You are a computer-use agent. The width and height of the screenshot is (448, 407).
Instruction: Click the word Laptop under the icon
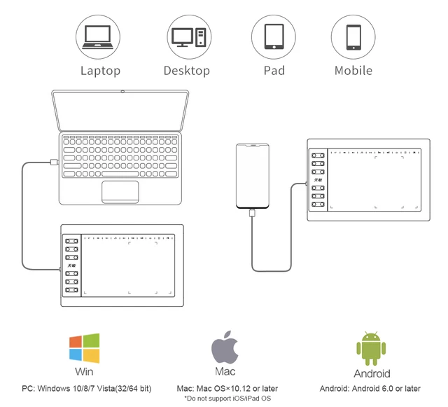(x=100, y=71)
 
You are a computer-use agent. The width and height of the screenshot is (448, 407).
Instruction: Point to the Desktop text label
(x=186, y=71)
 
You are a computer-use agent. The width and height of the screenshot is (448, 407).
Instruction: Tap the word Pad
(x=274, y=71)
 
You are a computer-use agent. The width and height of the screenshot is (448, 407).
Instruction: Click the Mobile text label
(x=353, y=71)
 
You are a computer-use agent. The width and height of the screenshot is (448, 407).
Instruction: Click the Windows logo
(x=84, y=348)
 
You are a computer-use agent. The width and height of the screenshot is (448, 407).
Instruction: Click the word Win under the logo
(x=84, y=372)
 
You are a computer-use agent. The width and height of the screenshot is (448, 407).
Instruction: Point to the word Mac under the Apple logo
(x=224, y=371)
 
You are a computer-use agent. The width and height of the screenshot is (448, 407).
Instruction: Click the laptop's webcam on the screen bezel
(x=122, y=92)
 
